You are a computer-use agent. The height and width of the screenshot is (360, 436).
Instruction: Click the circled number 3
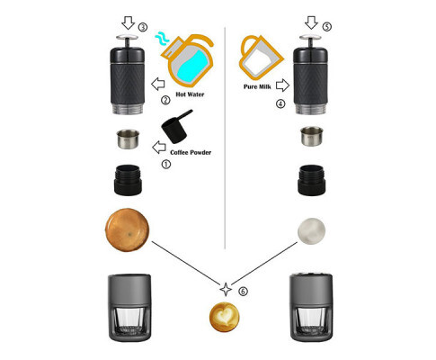pos(143,28)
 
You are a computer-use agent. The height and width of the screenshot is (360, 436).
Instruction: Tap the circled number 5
pos(327,26)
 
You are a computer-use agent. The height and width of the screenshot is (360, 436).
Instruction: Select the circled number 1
pos(166,164)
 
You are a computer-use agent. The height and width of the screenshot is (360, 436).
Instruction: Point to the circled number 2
pos(165,100)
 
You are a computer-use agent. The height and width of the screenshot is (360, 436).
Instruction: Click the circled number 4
pos(280,103)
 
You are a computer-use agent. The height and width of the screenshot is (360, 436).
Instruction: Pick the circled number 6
pos(243,291)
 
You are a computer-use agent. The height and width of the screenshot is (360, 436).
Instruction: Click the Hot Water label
pos(190,94)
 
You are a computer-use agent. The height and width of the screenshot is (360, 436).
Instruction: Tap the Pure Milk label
pos(257,86)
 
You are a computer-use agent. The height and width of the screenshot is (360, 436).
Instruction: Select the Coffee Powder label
pos(191,152)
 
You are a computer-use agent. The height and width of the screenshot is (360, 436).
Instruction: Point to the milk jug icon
pos(260,57)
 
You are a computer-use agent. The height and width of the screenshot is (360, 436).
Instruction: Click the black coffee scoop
pos(175,127)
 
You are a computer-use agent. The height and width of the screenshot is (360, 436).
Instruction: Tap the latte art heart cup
pos(224,317)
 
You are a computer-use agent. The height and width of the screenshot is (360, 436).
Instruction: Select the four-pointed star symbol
pos(226,290)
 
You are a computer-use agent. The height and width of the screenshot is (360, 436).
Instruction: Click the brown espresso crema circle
pos(127,229)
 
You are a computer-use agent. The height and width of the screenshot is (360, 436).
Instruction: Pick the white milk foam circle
pos(311,231)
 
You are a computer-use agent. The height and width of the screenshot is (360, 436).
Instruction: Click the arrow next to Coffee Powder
pos(159,148)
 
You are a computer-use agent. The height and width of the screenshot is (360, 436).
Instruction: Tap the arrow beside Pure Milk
pos(282,85)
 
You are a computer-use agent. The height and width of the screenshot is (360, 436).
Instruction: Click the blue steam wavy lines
pos(162,39)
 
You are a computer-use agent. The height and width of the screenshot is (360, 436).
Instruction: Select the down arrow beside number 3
pos(129,22)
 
